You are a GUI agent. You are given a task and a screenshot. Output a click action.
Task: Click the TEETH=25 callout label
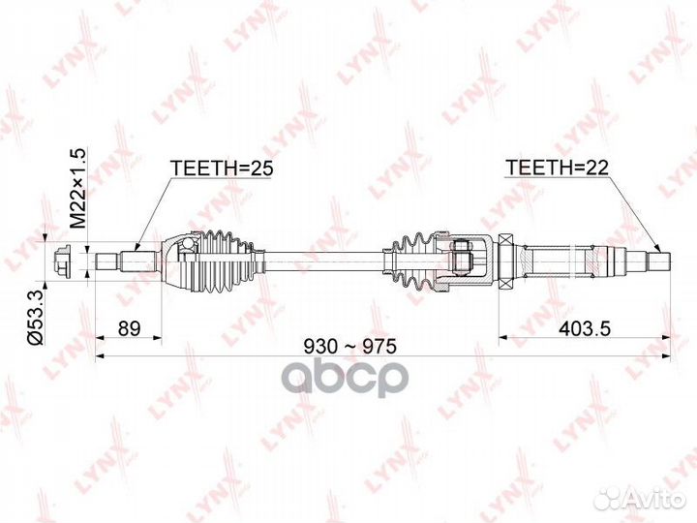click(x=222, y=169)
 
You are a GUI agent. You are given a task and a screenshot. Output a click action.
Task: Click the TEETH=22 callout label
click(x=557, y=168)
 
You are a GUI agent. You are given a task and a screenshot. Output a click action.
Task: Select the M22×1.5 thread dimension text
click(x=77, y=189)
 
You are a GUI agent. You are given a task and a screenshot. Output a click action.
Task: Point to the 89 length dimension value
click(x=130, y=328)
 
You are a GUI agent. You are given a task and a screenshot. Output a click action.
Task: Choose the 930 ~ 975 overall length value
click(x=348, y=346)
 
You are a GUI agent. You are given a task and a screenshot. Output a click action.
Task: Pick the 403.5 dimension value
click(x=585, y=328)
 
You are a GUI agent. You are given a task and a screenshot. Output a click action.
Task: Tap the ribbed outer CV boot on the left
click(x=228, y=261)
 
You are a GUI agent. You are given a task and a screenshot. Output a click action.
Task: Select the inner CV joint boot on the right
click(x=413, y=261)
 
